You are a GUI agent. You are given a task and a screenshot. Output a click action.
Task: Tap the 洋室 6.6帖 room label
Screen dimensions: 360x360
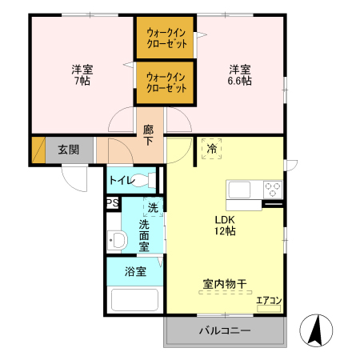coord(240,74)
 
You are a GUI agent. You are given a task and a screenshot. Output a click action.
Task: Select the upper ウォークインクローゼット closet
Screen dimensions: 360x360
coord(166,38)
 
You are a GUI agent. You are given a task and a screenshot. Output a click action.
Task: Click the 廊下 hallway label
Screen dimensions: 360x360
coord(149,134)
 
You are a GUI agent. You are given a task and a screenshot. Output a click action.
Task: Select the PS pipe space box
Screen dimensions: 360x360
coord(112,202)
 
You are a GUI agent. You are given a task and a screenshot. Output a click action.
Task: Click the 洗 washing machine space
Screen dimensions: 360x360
coord(153,208)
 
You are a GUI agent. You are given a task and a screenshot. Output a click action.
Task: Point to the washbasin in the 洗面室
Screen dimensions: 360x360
coord(117,239)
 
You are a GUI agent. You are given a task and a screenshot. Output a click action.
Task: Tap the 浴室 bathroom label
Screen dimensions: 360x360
coord(134,271)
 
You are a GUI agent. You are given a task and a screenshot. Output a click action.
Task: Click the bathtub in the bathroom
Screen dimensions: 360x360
coord(134,299)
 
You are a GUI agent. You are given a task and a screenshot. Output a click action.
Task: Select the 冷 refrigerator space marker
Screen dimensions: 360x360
coord(212,149)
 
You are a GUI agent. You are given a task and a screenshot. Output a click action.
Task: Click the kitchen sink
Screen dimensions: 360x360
coord(241,190)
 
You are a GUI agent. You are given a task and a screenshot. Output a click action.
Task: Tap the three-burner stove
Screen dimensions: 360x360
coord(272,190)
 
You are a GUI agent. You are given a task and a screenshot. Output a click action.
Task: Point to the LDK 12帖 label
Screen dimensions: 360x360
coord(224,225)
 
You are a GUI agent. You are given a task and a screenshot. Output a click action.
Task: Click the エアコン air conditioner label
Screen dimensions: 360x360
coord(268,302)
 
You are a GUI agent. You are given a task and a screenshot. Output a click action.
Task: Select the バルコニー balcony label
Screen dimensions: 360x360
coord(225,330)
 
